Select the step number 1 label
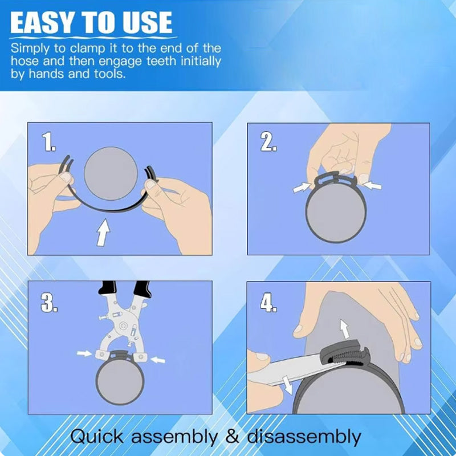click(48, 141)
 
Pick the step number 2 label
click(268, 142)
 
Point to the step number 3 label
click(49, 303)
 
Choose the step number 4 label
click(268, 303)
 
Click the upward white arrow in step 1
click(103, 233)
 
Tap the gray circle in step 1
click(111, 173)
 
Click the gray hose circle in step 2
click(336, 212)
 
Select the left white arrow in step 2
click(302, 188)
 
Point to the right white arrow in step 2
click(373, 185)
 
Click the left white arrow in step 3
click(84, 353)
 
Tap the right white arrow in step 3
click(158, 360)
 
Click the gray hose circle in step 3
click(120, 381)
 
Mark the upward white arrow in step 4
click(345, 329)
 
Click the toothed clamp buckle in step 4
click(345, 353)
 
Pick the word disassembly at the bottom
click(304, 437)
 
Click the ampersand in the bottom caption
click(233, 437)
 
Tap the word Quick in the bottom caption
click(97, 437)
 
